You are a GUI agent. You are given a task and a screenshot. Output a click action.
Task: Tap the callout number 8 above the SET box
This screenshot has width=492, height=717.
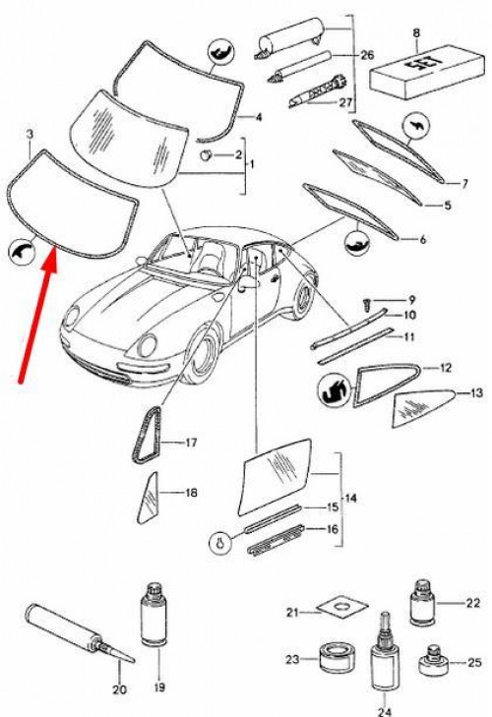[x=416, y=32]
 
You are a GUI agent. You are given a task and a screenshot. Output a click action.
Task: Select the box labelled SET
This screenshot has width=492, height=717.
[x=427, y=71]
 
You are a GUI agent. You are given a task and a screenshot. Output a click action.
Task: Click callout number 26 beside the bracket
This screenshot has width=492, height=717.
[x=367, y=55]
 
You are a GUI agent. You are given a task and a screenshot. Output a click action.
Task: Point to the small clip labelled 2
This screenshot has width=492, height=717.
[x=206, y=155]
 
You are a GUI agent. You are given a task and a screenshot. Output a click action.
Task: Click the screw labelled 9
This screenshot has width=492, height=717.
[x=367, y=304]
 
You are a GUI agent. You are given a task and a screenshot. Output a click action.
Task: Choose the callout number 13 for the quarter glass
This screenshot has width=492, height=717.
[x=476, y=392]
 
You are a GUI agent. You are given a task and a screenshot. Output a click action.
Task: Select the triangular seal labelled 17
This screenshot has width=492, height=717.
[x=147, y=435]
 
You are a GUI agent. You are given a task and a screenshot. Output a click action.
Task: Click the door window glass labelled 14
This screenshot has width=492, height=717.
[x=276, y=476]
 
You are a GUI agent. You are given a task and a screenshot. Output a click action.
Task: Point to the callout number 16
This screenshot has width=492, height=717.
[x=333, y=529]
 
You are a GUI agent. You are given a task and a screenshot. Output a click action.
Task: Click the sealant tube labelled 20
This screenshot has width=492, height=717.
[x=79, y=632]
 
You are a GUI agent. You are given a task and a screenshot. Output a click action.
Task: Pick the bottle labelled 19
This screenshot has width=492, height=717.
[x=154, y=614]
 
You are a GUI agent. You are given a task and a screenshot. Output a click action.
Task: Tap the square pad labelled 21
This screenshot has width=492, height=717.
[x=341, y=608]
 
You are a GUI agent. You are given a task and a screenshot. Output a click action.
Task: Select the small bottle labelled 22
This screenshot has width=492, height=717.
[x=423, y=602]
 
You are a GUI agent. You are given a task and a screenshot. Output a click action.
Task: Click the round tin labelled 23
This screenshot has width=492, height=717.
[x=336, y=658]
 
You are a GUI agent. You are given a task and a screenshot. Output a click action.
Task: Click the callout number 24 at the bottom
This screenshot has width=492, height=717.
[x=385, y=711]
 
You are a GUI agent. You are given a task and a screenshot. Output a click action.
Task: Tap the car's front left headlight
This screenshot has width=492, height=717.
[x=148, y=345]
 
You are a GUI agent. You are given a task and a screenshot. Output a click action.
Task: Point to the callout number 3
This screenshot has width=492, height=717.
[x=30, y=135]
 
